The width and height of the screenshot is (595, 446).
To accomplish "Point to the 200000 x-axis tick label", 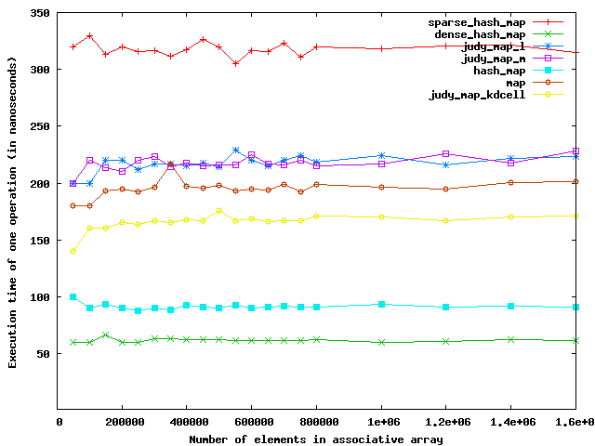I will pyautogui.click(x=121, y=422).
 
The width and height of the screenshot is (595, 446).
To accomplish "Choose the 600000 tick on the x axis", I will pyautogui.click(x=251, y=422).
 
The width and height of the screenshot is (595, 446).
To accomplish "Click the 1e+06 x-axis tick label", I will pyautogui.click(x=381, y=422).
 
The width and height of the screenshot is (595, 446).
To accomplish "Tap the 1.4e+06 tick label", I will pyautogui.click(x=511, y=422).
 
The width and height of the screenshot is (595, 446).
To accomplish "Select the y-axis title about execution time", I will pyautogui.click(x=13, y=212).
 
